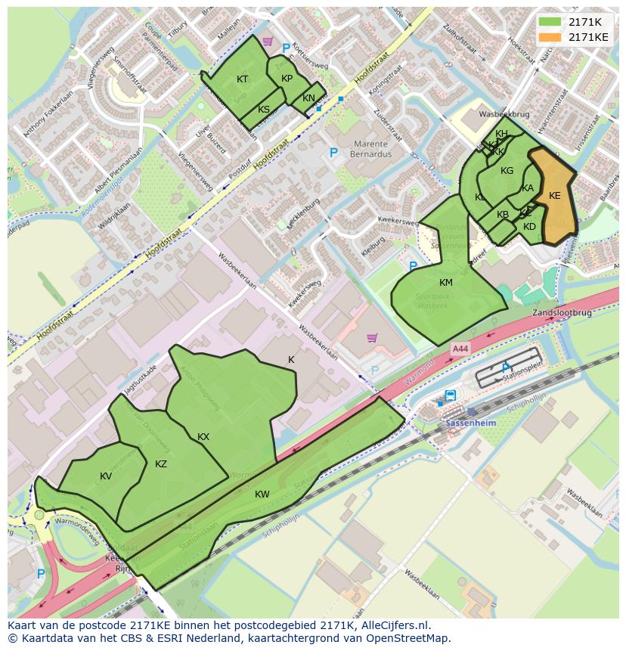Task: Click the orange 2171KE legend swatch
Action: coord(550,37)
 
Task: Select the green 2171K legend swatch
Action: coord(550,22)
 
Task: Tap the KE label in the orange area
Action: coord(554,196)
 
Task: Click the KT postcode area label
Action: coord(242,79)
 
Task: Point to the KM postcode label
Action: coord(445,283)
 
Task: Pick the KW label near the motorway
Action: coord(262,494)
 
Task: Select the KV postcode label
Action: coord(106,476)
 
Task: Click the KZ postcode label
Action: coord(160,464)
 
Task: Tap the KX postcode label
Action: coord(203,437)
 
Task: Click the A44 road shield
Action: coord(460,349)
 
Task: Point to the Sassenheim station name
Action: coord(469,423)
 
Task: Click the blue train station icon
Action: coord(451,395)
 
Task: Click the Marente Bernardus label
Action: coord(368,149)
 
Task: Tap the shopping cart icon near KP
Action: coord(267,42)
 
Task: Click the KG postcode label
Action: coord(507,171)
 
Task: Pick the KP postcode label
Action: coord(287,79)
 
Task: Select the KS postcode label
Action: coord(263,110)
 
